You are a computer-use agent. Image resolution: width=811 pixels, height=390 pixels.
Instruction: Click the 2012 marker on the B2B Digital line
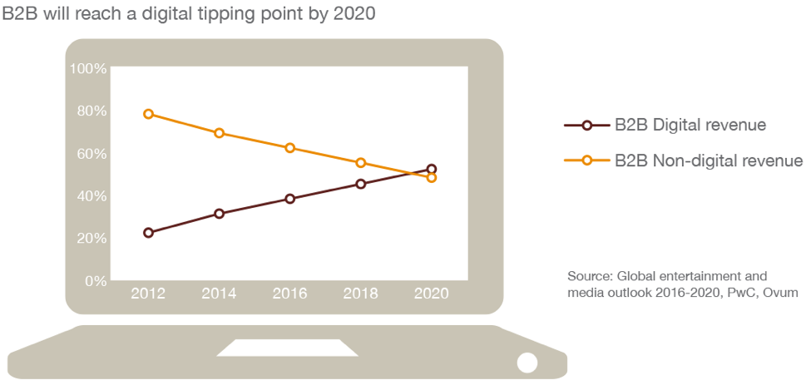pyautogui.click(x=148, y=233)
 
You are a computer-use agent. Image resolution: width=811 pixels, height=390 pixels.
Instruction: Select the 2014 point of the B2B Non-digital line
pyautogui.click(x=219, y=133)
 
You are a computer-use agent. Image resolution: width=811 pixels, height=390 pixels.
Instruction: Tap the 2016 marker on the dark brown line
pyautogui.click(x=289, y=199)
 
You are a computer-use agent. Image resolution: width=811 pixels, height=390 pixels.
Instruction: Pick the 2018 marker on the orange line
pyautogui.click(x=360, y=163)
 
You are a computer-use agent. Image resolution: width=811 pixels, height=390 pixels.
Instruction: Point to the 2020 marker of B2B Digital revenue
pyautogui.click(x=431, y=169)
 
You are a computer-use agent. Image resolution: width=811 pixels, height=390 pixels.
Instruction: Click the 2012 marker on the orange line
pyautogui.click(x=148, y=114)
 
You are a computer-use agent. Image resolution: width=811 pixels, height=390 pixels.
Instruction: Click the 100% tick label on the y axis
pyautogui.click(x=88, y=69)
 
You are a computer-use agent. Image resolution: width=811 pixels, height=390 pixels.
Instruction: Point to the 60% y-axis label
pyautogui.click(x=91, y=154)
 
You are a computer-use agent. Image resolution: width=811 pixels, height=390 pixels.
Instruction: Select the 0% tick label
pyautogui.click(x=96, y=281)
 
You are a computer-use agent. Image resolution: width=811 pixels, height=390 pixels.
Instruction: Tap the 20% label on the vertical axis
pyautogui.click(x=91, y=239)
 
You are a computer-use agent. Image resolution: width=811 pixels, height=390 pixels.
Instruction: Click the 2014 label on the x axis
pyautogui.click(x=219, y=294)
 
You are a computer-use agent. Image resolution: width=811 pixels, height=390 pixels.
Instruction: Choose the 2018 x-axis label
pyautogui.click(x=360, y=294)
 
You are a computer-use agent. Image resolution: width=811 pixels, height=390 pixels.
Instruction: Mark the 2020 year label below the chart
pyautogui.click(x=431, y=294)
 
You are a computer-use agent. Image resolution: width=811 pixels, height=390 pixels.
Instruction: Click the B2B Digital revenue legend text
pyautogui.click(x=690, y=126)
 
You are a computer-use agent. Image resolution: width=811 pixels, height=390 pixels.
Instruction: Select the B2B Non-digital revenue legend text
pyautogui.click(x=709, y=160)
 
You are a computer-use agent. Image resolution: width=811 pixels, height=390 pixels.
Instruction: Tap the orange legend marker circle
pyautogui.click(x=587, y=160)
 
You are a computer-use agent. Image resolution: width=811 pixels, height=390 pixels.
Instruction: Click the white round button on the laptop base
pyautogui.click(x=527, y=363)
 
